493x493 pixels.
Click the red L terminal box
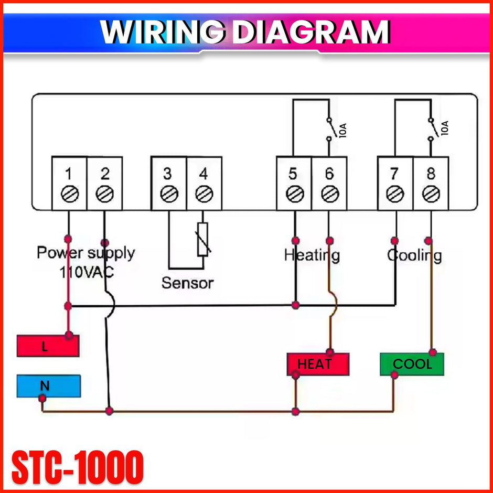click(x=48, y=346)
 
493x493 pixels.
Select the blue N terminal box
click(x=48, y=386)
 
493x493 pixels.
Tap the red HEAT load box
click(x=318, y=364)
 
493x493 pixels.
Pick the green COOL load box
click(x=412, y=364)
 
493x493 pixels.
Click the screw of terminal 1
click(x=69, y=194)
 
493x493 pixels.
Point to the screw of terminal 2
click(x=105, y=194)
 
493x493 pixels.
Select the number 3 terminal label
click(x=167, y=174)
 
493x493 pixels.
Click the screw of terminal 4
click(x=203, y=194)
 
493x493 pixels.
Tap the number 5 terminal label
click(x=293, y=174)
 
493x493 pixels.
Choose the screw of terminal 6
click(x=329, y=194)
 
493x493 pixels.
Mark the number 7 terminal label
click(x=394, y=174)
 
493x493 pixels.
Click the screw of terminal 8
click(x=431, y=194)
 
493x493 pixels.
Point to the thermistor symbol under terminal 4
click(x=203, y=240)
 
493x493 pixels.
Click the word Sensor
click(x=187, y=283)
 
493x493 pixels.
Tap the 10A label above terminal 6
click(x=343, y=129)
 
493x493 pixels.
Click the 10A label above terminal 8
click(x=445, y=129)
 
